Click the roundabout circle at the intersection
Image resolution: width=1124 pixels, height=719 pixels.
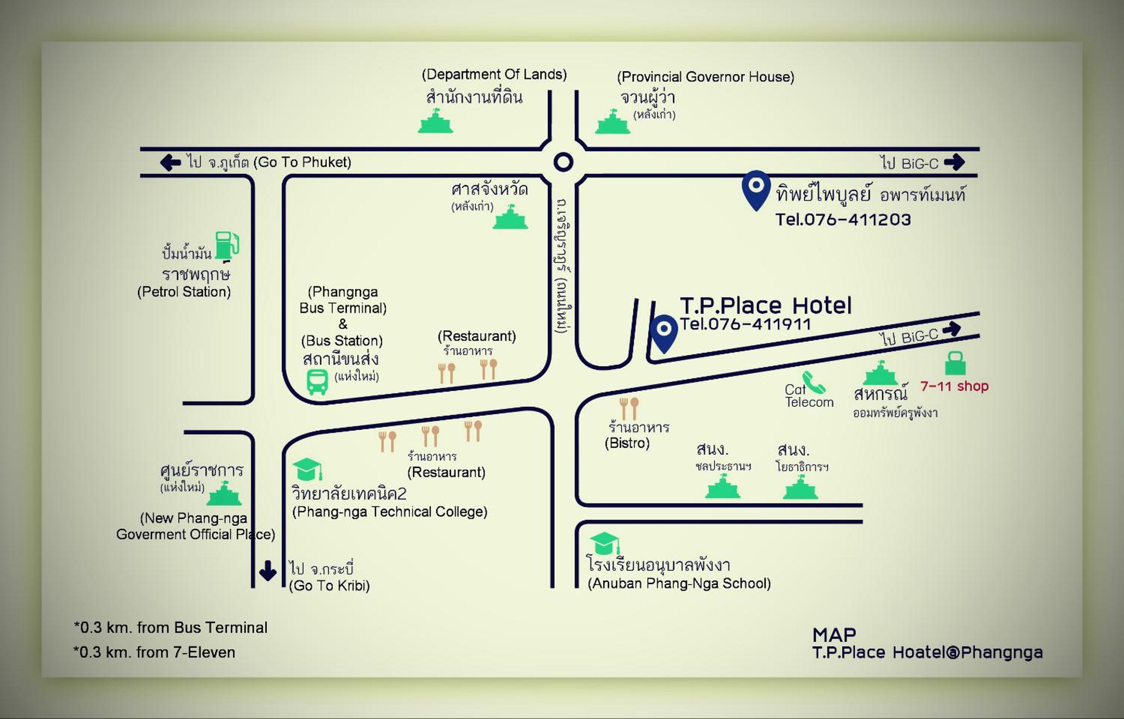tap(563, 162)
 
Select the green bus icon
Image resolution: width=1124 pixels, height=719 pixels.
tap(317, 382)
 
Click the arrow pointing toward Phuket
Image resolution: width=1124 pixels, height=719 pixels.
tap(171, 162)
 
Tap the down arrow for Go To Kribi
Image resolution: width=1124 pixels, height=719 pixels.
tap(267, 570)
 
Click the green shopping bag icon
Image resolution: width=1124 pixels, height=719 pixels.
tap(955, 363)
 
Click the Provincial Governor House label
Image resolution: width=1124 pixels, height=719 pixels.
tap(705, 77)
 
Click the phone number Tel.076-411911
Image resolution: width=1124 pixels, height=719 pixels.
tap(745, 324)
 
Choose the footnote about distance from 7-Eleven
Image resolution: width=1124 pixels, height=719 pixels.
tap(155, 652)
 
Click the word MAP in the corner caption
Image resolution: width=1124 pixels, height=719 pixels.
tap(834, 635)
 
